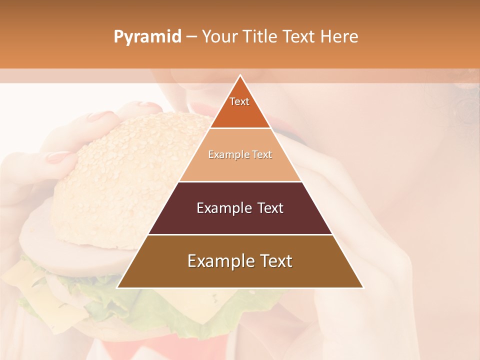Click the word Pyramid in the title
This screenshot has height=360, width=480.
tap(147, 37)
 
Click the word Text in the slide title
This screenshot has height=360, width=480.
tap(300, 37)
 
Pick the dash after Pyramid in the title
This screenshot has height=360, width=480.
tap(191, 37)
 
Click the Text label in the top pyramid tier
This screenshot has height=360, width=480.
tap(239, 101)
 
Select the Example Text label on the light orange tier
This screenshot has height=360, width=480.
tap(240, 155)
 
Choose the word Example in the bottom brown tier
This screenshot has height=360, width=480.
tap(218, 261)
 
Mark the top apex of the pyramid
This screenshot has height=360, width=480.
tap(240, 75)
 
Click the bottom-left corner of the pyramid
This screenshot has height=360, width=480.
tap(117, 287)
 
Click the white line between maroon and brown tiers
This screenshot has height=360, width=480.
tap(240, 234)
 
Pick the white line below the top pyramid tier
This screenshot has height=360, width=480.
tap(240, 128)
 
